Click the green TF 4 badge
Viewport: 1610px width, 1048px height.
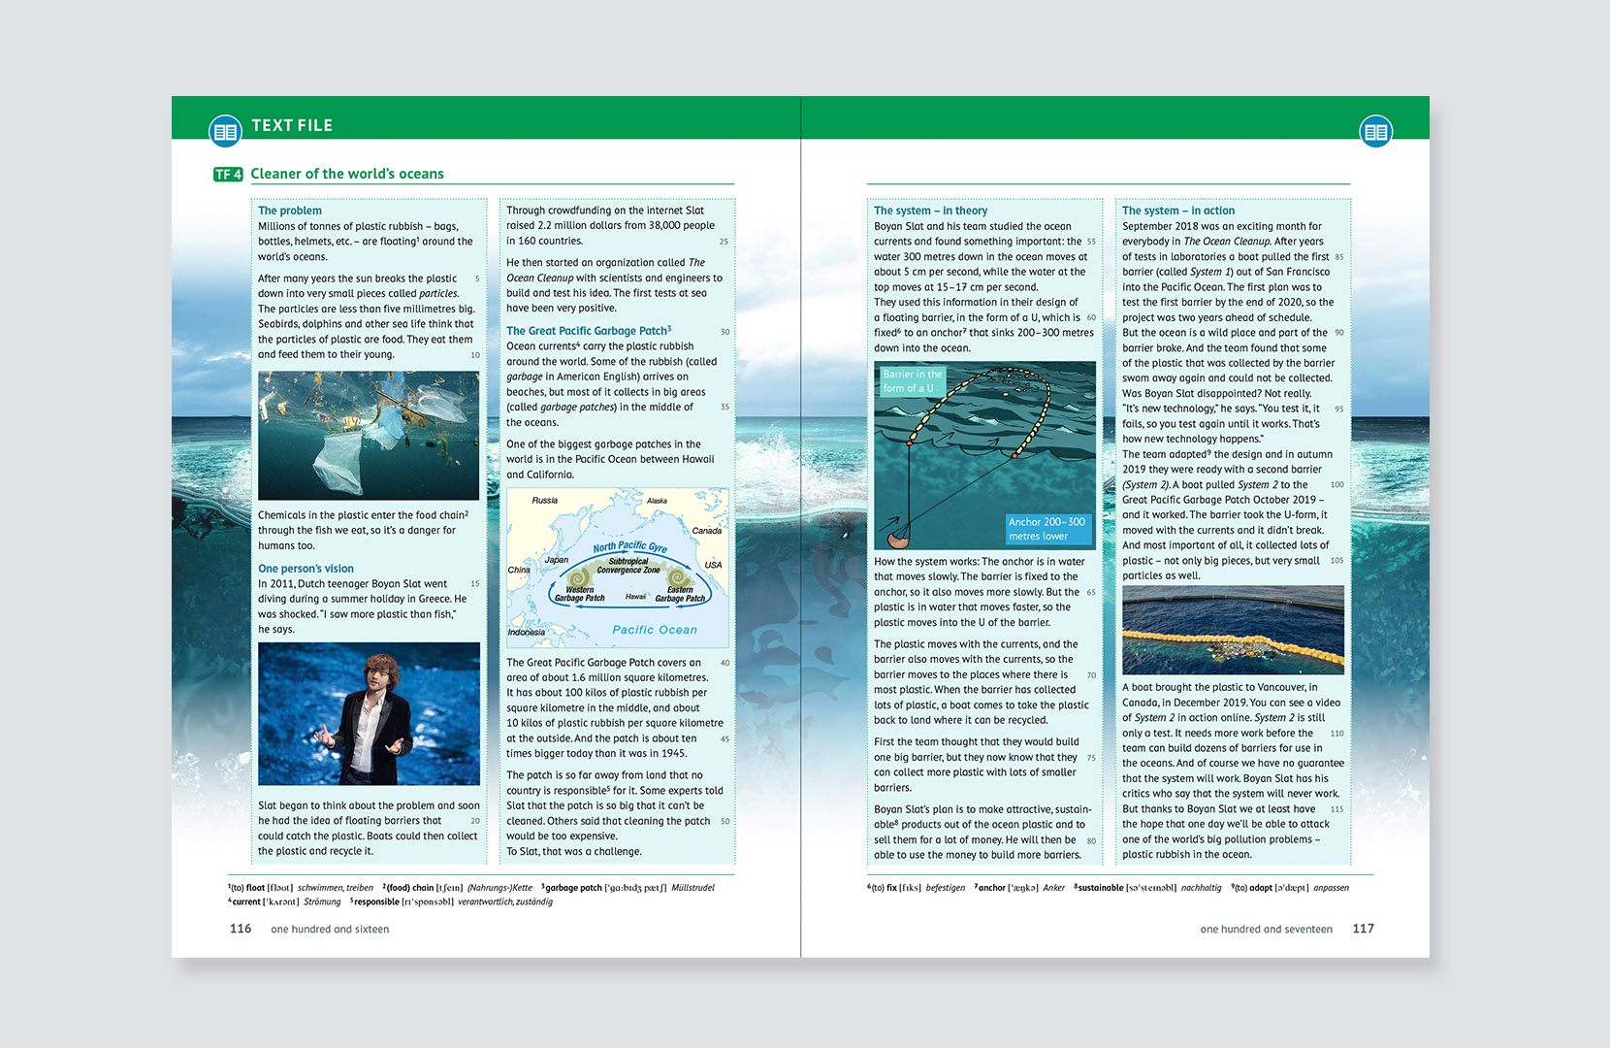point(228,175)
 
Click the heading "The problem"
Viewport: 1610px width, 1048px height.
point(289,211)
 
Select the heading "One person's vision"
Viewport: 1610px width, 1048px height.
point(306,569)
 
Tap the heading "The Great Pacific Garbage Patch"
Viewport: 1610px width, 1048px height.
point(588,331)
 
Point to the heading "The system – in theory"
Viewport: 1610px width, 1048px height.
point(930,211)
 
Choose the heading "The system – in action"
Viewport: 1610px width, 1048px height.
point(1178,211)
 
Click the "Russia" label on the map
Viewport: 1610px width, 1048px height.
point(544,501)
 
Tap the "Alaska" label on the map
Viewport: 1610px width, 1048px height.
point(657,502)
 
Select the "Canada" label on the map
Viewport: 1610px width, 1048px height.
point(706,531)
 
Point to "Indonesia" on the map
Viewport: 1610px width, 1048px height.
point(526,633)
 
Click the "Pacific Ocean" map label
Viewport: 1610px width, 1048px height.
point(655,630)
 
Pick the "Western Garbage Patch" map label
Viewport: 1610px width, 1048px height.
point(579,594)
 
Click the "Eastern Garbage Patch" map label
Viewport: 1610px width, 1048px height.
point(680,594)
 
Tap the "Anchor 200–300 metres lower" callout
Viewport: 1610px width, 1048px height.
point(1046,529)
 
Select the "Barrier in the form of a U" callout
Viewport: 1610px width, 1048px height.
point(912,381)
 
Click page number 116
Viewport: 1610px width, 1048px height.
point(241,929)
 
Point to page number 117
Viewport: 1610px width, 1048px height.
point(1363,929)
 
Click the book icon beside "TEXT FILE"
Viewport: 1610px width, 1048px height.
point(225,131)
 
